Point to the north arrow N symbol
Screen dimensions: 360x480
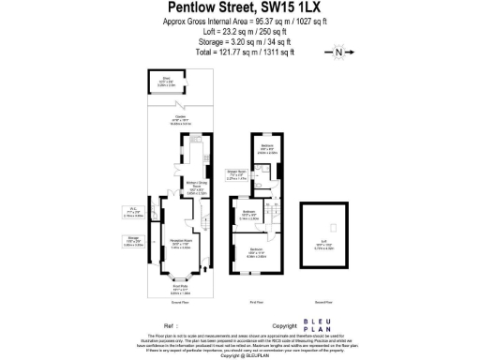click(339, 52)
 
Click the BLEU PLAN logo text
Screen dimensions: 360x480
click(314, 326)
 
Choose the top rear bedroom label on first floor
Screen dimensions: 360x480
click(267, 148)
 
